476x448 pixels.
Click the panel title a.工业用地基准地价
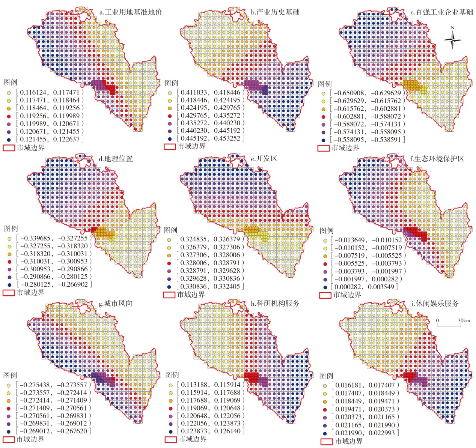coord(131,12)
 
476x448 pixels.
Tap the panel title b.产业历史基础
coord(275,12)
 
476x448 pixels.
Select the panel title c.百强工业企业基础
coord(441,12)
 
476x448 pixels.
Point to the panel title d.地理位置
coord(116,159)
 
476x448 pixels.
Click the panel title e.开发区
coord(264,159)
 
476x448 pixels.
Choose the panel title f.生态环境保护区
coord(437,159)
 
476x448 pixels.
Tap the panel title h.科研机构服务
coord(275,304)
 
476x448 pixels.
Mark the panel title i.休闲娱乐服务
coord(435,304)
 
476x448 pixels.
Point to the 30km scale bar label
coord(464,321)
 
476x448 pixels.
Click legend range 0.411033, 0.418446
coord(211,92)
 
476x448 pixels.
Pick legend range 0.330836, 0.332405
coord(211,286)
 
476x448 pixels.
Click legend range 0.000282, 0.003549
coord(364,287)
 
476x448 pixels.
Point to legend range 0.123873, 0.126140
coord(211,431)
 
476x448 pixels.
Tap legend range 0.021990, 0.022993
coord(365,433)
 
